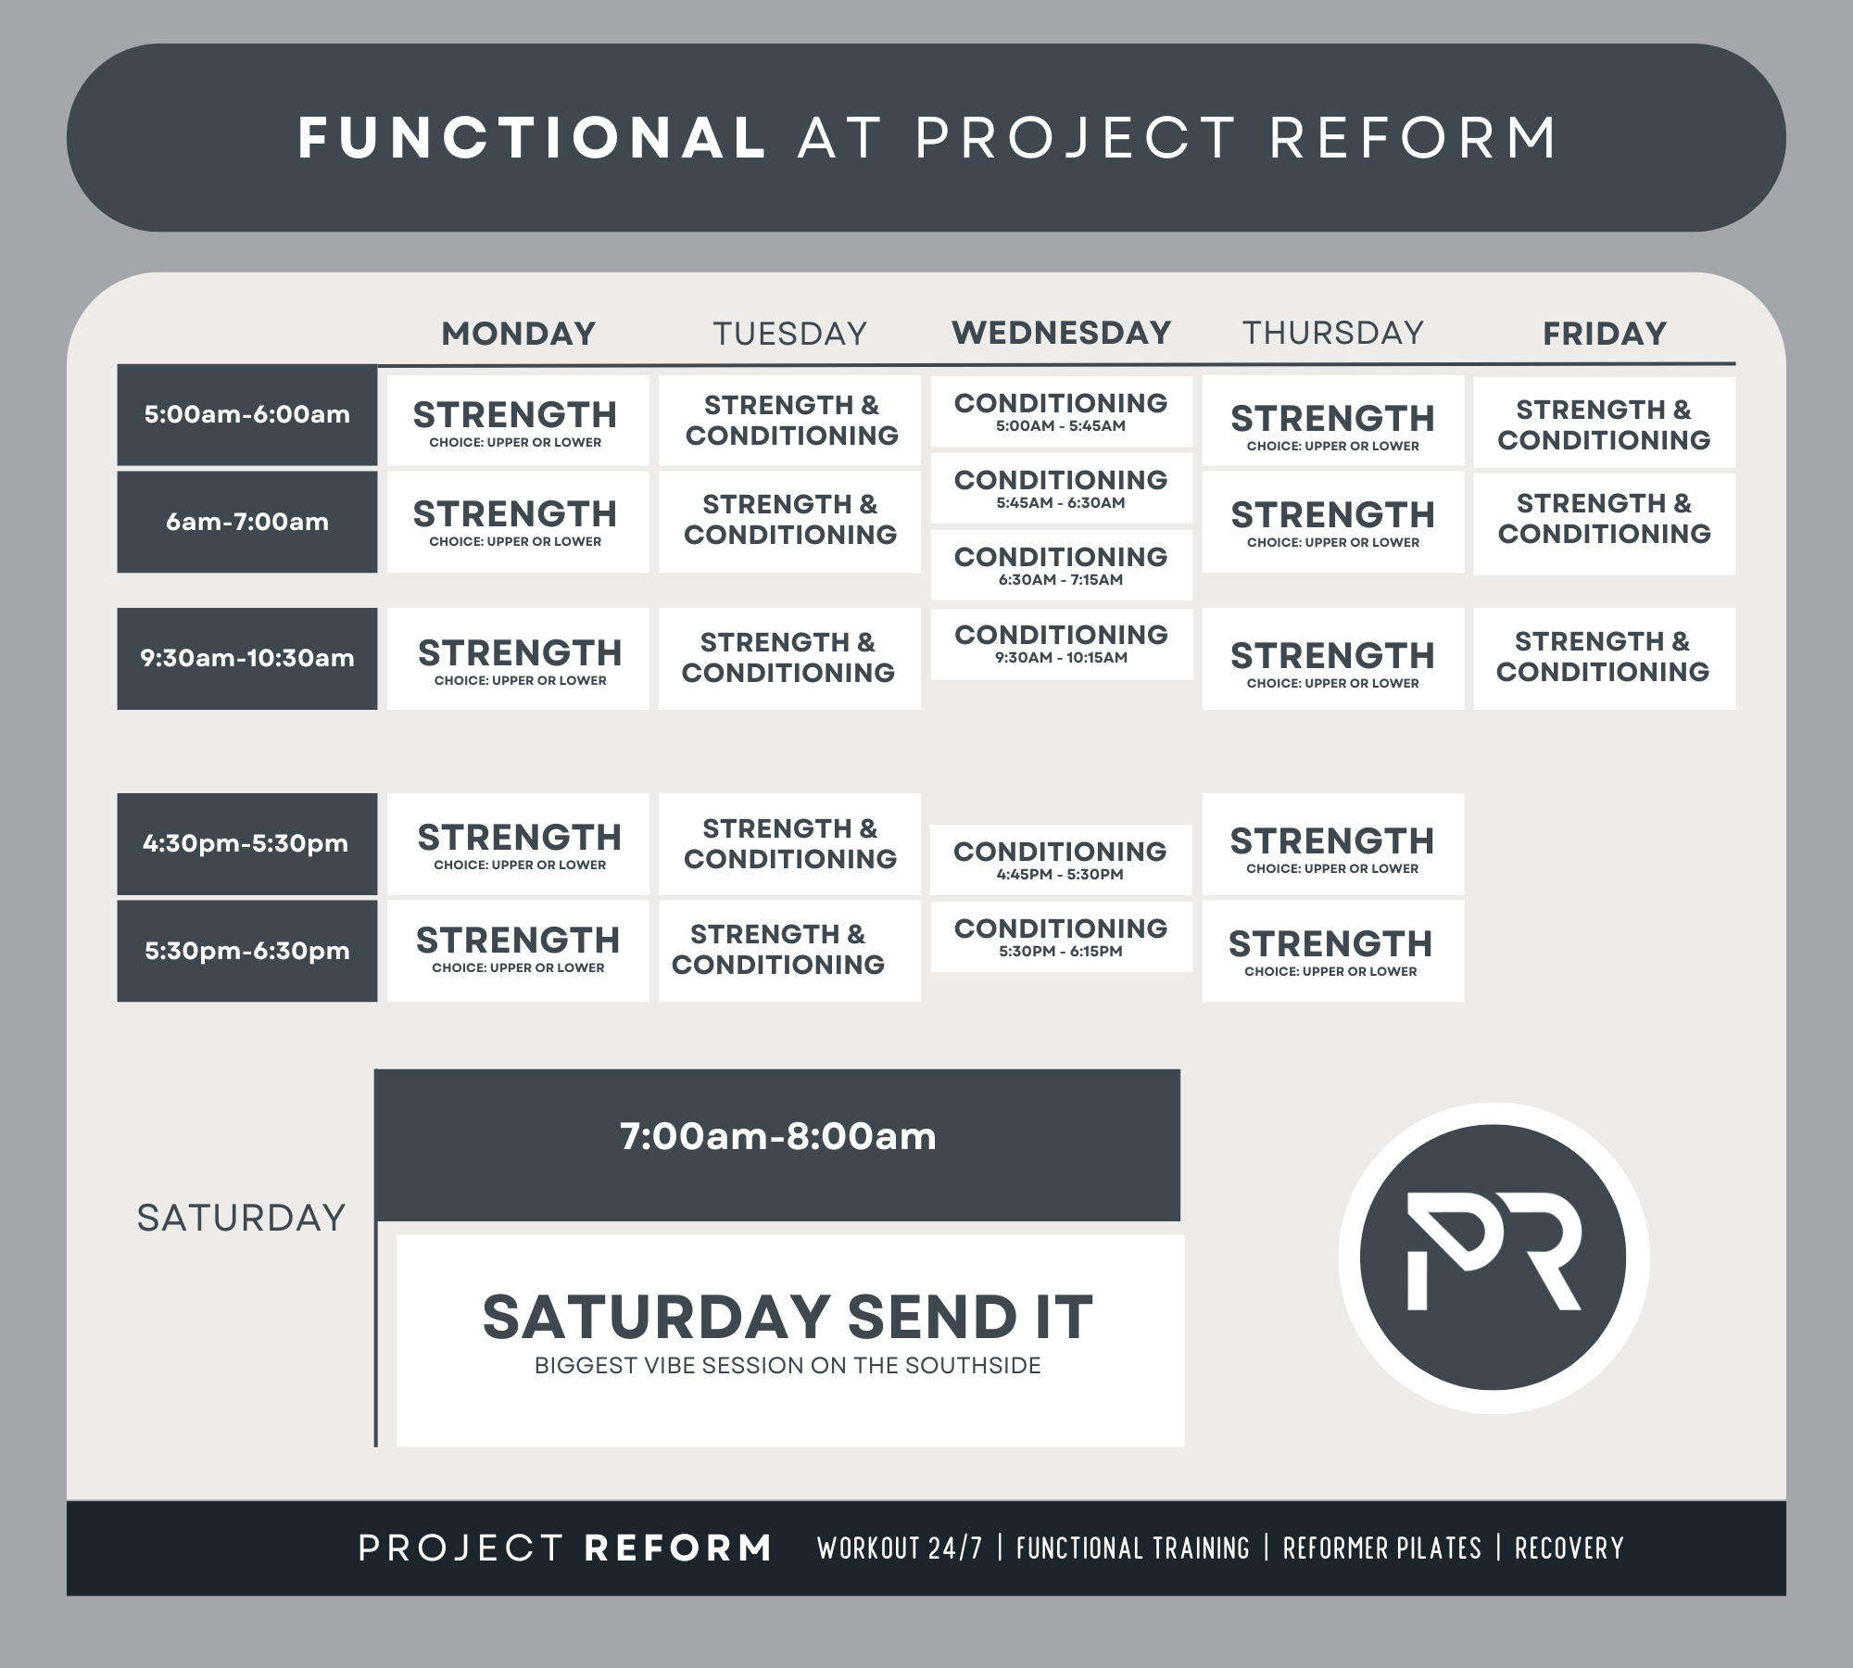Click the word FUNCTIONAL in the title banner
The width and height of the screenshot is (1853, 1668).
[531, 138]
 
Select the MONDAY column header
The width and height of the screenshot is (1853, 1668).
[518, 334]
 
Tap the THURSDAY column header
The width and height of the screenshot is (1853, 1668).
[1332, 333]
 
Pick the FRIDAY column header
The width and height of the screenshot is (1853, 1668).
[1604, 334]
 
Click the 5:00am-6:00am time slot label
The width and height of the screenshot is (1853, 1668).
[246, 414]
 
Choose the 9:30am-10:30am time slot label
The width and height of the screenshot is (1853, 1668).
[246, 658]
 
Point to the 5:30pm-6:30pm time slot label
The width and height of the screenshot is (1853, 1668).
[246, 951]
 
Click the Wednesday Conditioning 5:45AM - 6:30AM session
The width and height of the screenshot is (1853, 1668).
[1061, 488]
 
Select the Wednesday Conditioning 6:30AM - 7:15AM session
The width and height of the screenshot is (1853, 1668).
[1061, 565]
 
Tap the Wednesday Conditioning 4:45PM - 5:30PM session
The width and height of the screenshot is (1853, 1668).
[1060, 860]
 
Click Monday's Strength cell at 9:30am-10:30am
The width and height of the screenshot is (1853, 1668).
[518, 660]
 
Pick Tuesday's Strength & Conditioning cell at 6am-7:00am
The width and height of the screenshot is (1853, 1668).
[789, 521]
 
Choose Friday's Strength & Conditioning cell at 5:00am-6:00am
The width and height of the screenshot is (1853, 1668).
[1604, 423]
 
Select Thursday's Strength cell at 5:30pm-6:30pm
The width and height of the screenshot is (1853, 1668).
[1332, 951]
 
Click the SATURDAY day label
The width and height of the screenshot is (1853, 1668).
[241, 1218]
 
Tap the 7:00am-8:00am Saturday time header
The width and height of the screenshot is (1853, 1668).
[777, 1137]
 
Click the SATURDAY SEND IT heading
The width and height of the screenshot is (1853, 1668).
[788, 1317]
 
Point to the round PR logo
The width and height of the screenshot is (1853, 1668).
[1493, 1257]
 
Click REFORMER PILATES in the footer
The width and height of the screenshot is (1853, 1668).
[1381, 1548]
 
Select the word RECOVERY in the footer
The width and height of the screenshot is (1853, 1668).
[1569, 1548]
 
